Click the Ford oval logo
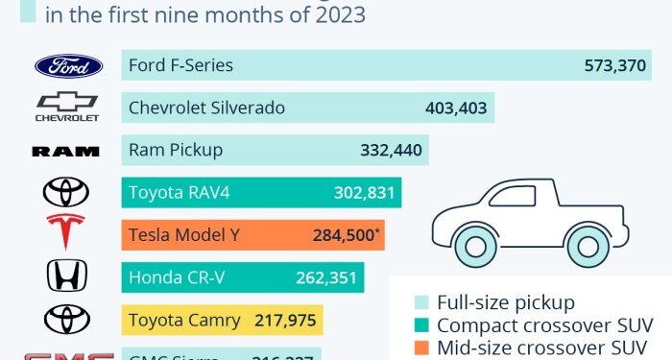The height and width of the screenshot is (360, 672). pyautogui.click(x=68, y=66)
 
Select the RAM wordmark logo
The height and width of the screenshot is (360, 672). pyautogui.click(x=66, y=151)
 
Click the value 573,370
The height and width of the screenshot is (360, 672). pyautogui.click(x=616, y=66)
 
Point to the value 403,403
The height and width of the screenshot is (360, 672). pyautogui.click(x=456, y=108)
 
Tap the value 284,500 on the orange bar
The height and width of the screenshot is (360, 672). pyautogui.click(x=344, y=234)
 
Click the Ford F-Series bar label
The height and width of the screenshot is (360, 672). pyautogui.click(x=181, y=66)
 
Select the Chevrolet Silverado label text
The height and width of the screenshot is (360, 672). pyautogui.click(x=206, y=108)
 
